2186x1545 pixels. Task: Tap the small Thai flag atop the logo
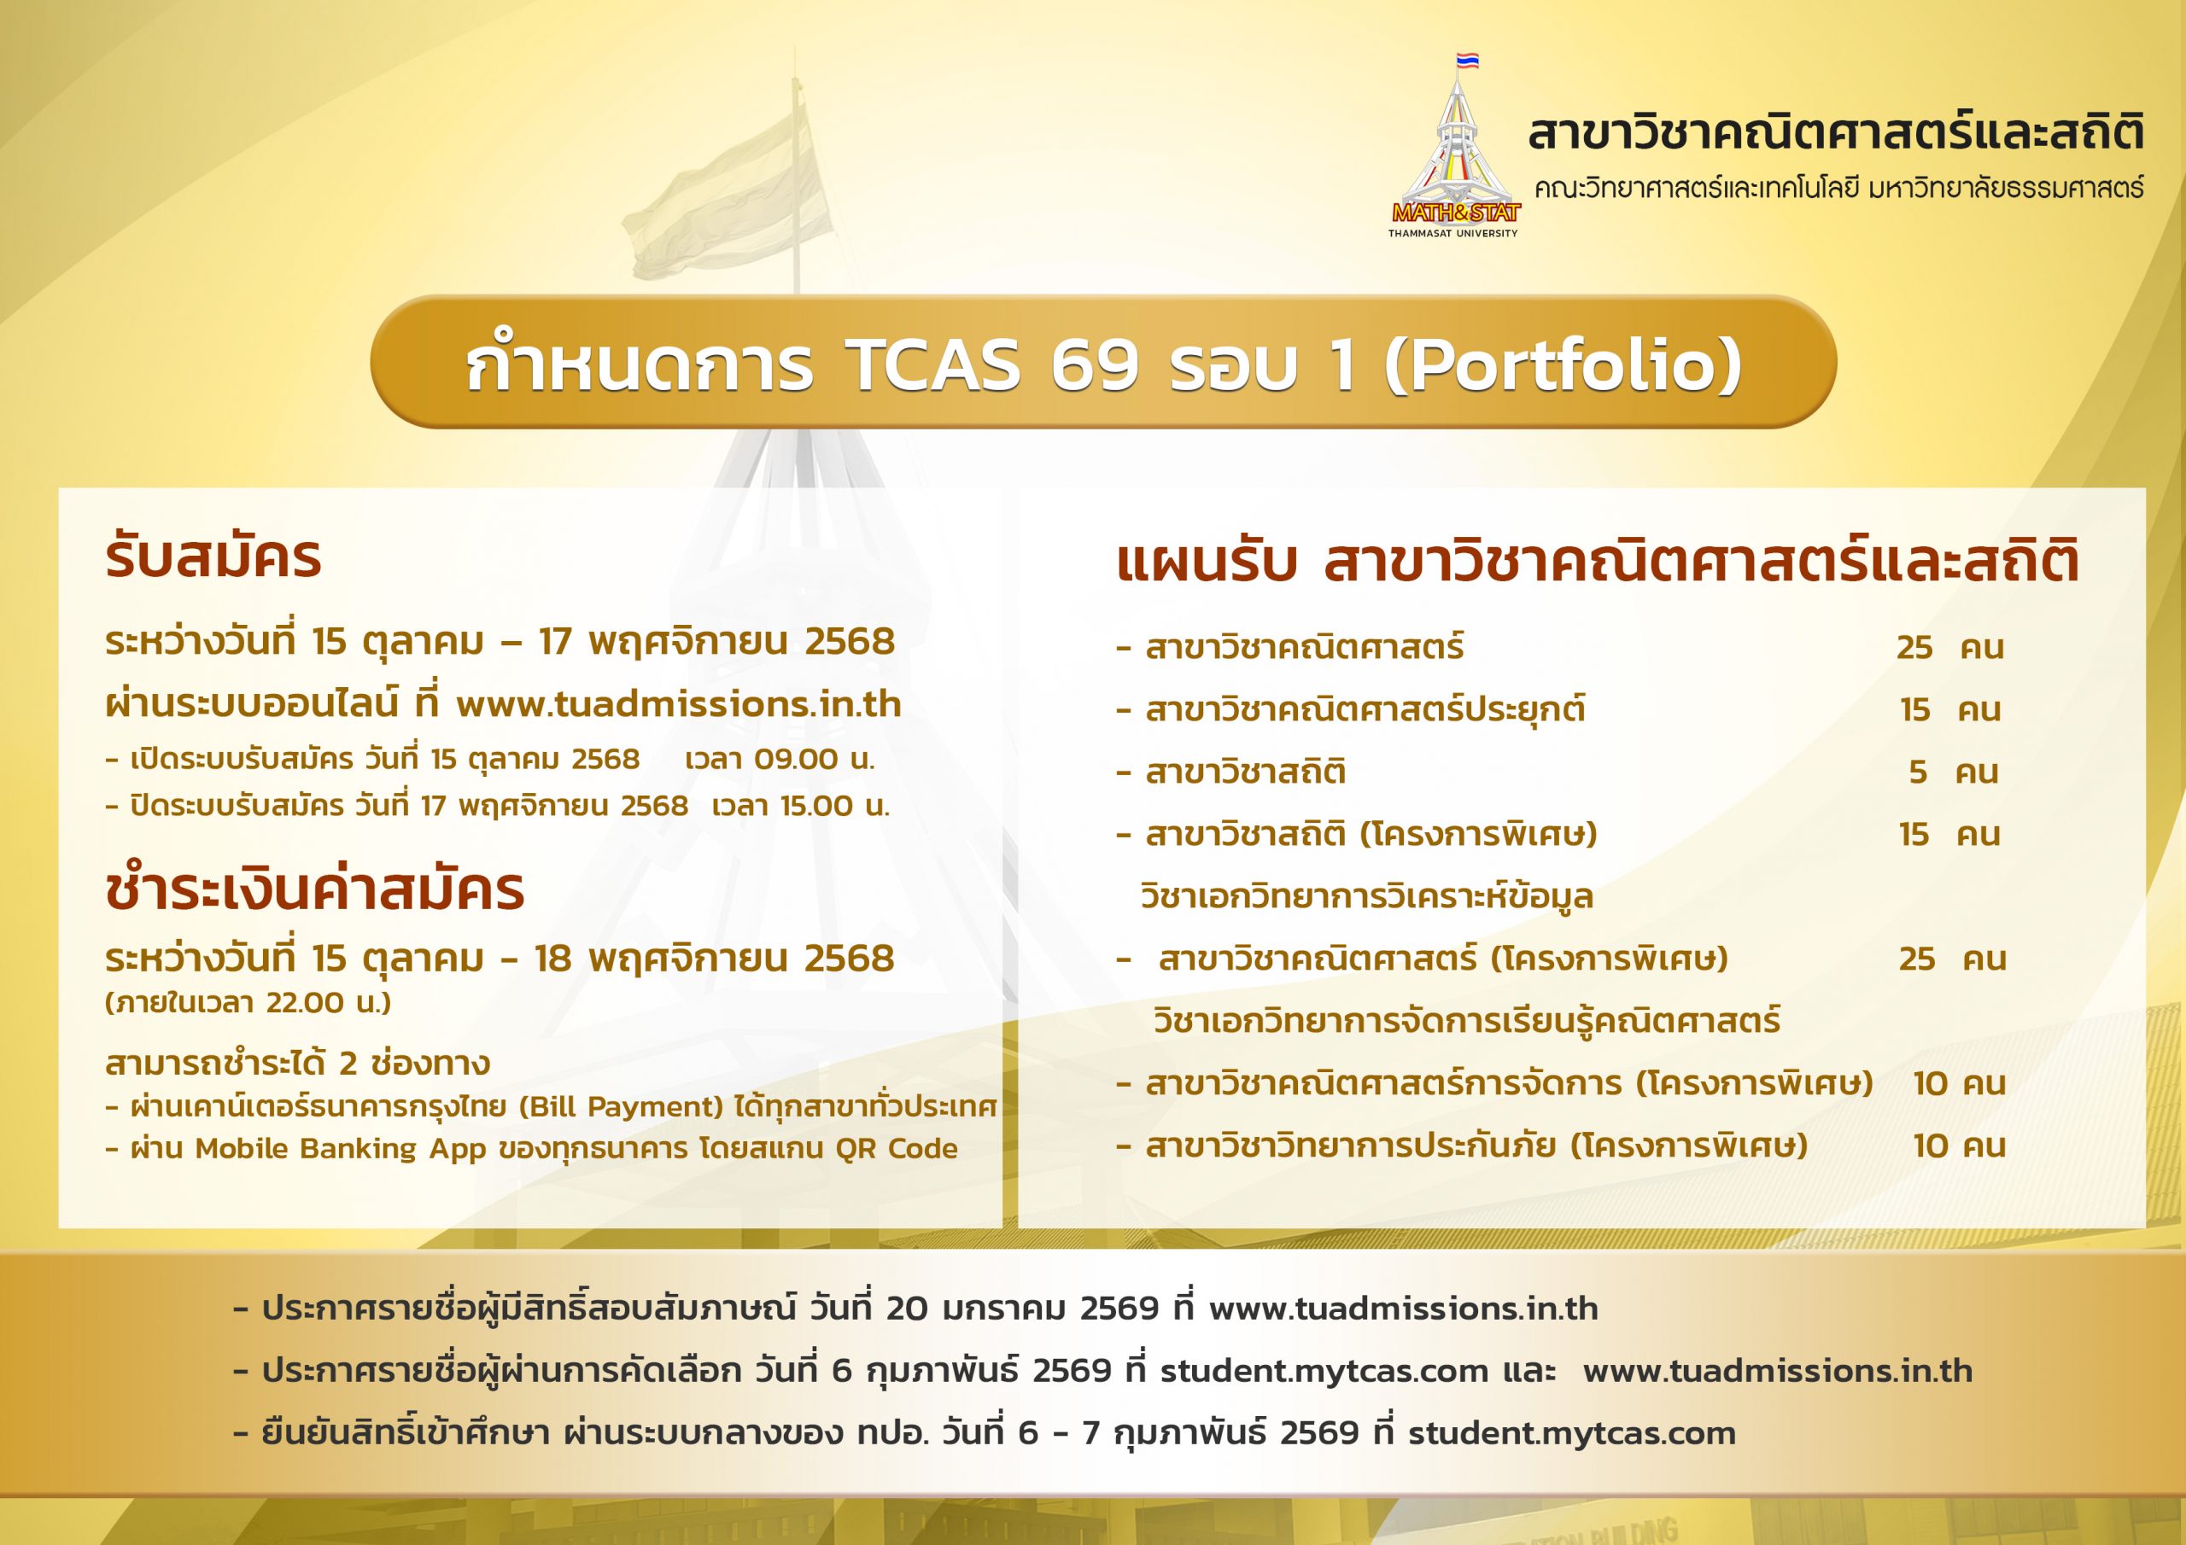pos(1467,61)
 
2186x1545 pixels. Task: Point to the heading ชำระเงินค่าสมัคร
pos(314,889)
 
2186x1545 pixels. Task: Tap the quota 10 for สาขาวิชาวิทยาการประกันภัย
pos(1930,1146)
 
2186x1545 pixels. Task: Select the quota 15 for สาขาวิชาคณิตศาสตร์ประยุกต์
pos(1914,710)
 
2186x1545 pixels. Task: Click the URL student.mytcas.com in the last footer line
pos(1572,1434)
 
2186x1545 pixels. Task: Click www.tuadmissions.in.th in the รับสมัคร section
pos(679,704)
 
